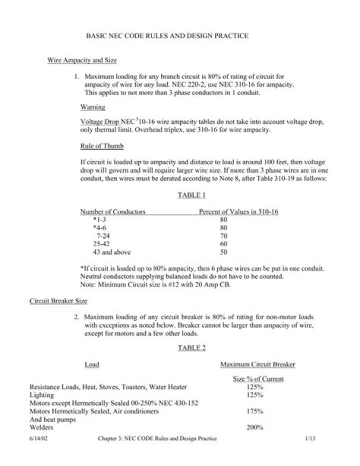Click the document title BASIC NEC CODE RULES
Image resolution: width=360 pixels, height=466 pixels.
167,36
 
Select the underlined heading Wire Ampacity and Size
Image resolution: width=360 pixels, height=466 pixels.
82,61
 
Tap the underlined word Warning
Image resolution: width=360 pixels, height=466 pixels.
92,107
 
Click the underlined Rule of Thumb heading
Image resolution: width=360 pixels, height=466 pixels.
101,146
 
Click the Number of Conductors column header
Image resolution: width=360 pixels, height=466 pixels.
113,212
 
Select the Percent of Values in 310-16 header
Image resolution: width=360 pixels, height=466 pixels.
238,212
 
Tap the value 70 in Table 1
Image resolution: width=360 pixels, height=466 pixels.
223,236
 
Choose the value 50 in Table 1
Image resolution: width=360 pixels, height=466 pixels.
223,252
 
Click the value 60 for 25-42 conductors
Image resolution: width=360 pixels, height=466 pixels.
223,244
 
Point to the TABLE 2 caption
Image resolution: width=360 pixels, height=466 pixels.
191,348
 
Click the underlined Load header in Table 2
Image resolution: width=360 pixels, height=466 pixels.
91,364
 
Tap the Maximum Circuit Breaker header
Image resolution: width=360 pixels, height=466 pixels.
257,364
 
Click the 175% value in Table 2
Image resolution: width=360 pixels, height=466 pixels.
255,411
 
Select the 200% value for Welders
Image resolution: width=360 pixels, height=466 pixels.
255,427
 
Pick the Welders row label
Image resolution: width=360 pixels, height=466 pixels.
41,428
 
